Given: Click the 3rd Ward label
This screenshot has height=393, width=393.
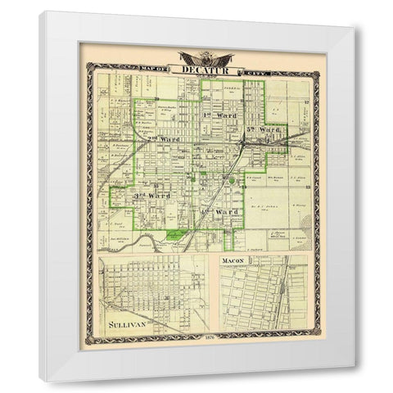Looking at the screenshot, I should click(151, 195).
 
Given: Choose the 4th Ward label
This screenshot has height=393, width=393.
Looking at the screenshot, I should click(223, 213).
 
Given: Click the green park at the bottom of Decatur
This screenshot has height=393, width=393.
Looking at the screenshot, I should click(175, 235).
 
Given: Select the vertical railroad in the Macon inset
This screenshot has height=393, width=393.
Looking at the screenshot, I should click(283, 295).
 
